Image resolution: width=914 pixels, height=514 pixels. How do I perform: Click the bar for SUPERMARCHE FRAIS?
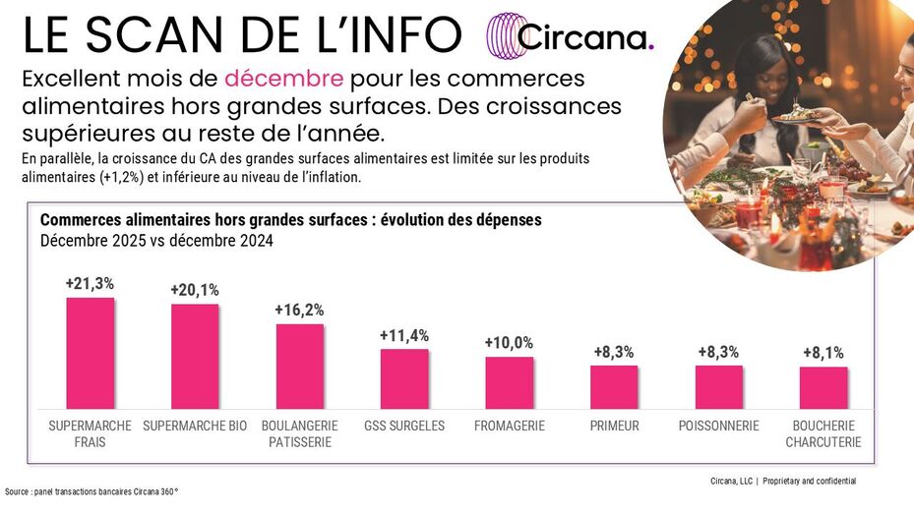[x=90, y=353]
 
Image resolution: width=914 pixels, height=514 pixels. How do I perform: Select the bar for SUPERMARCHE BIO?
[x=195, y=356]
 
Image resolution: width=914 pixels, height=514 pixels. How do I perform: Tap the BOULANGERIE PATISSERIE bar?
[x=299, y=366]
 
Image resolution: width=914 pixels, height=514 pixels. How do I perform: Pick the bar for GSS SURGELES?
[x=404, y=378]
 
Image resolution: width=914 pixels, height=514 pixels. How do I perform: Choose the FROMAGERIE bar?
[x=509, y=382]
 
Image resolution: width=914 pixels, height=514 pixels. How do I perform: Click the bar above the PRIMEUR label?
[x=614, y=386]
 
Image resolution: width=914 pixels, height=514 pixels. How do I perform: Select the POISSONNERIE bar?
[x=718, y=386]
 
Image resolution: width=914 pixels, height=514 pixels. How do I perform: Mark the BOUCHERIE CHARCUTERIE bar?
[x=823, y=387]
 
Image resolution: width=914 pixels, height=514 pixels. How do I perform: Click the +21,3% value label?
[x=90, y=283]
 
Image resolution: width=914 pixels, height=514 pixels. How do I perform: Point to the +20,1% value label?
[x=195, y=290]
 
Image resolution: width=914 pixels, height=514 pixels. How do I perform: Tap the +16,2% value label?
[x=299, y=310]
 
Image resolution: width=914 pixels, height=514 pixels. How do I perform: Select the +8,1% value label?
[x=823, y=353]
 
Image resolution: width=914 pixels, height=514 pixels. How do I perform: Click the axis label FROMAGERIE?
[x=509, y=426]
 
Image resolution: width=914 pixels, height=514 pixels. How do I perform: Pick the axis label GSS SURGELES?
[x=404, y=426]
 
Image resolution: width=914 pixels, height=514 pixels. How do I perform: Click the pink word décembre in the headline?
[x=283, y=78]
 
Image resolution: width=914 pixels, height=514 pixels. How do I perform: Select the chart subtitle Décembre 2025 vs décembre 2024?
[x=156, y=241]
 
